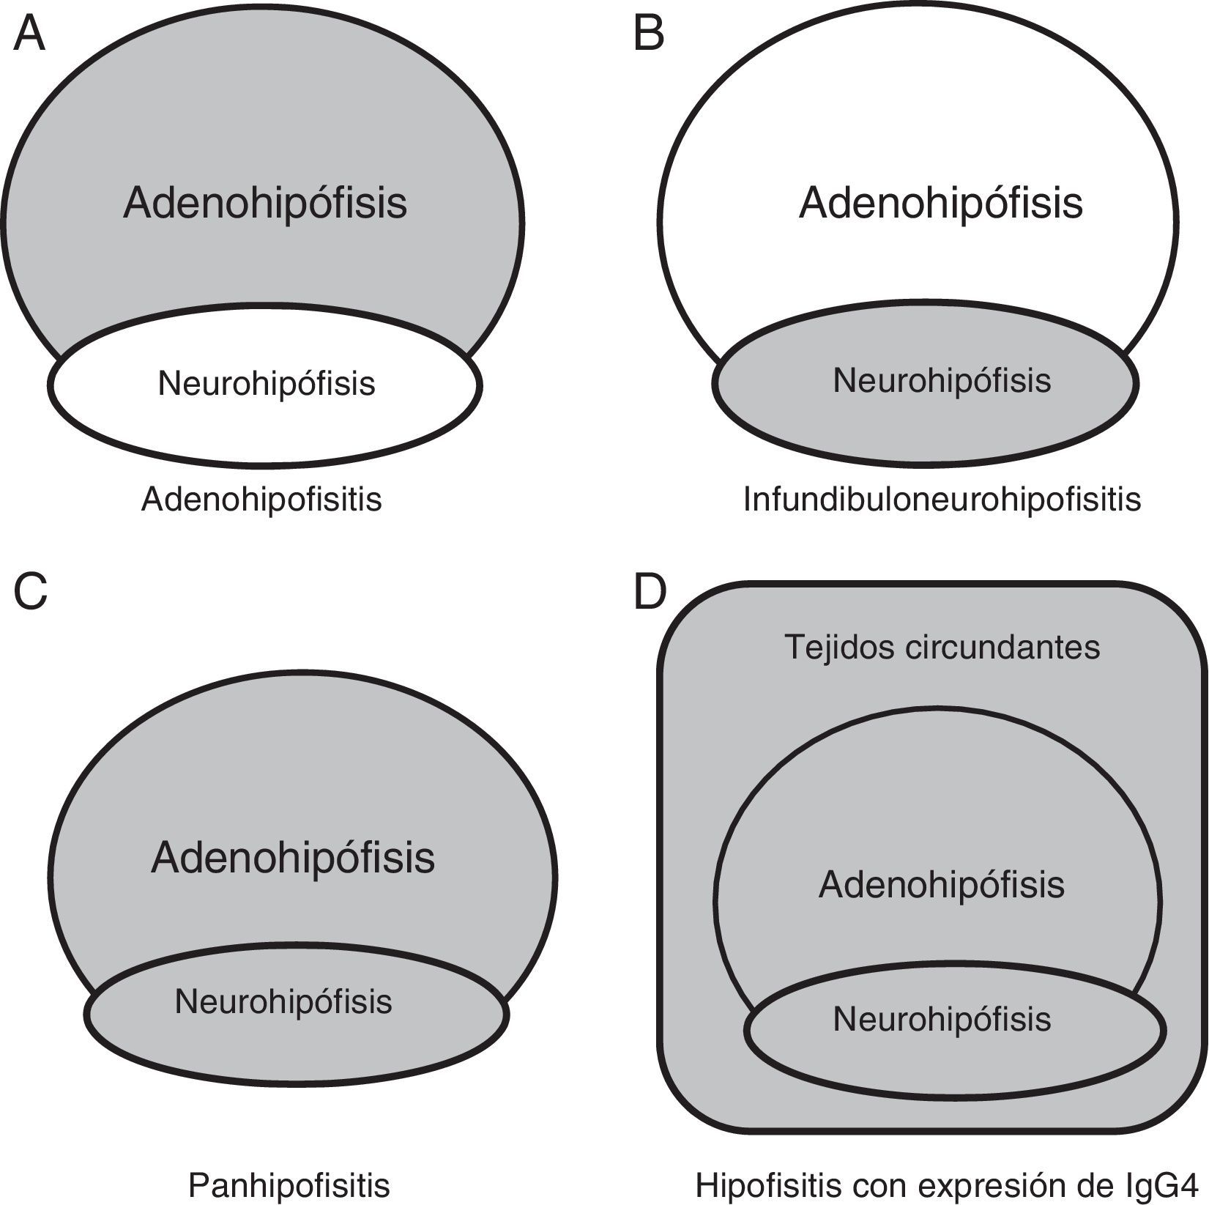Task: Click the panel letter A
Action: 29,34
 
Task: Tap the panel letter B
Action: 649,34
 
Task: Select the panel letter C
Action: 30,592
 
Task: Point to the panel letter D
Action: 650,592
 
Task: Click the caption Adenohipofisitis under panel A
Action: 261,500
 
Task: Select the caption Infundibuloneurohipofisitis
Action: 942,500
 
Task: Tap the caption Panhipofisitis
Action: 289,1185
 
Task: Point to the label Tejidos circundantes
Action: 942,647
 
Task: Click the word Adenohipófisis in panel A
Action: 265,203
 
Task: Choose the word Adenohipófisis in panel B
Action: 941,203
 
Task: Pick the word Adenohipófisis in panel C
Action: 293,858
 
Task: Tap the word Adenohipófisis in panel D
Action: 942,885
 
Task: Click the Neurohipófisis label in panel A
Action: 267,383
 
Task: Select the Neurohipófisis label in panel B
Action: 942,380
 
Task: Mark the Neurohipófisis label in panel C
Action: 283,1001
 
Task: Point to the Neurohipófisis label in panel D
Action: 942,1019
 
